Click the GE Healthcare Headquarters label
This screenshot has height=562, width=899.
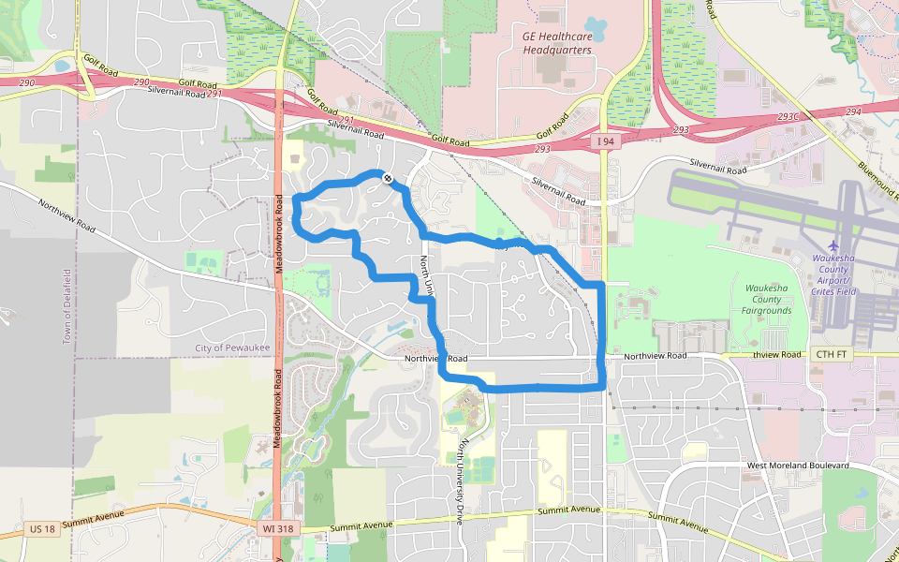557,43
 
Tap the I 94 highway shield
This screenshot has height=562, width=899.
606,141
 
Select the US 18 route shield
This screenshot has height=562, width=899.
41,529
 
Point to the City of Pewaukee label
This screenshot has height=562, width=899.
229,348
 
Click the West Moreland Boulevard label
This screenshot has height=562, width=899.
798,466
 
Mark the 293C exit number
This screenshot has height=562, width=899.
788,116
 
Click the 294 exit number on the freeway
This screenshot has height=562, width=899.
852,111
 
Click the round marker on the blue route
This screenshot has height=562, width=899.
387,177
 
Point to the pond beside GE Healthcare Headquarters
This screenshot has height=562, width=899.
596,27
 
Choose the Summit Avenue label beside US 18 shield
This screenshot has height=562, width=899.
94,522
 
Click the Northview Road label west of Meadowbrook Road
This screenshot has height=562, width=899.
66,214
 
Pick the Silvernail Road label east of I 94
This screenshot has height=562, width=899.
718,170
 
